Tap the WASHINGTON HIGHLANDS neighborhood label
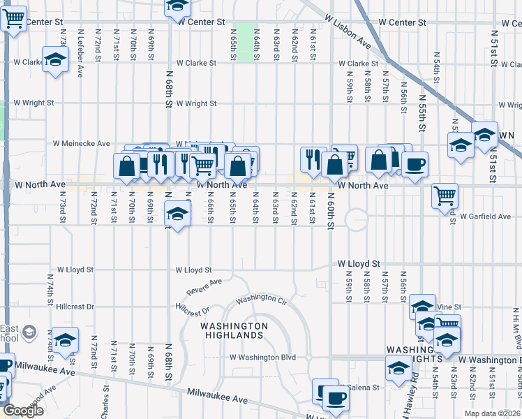pos(234,330)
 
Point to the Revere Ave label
pos(204,286)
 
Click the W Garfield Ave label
pos(485,216)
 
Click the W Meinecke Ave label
pos(82,144)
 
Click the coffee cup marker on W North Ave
pos(415,165)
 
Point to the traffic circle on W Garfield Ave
pos(356,219)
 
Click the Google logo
pos(23,411)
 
